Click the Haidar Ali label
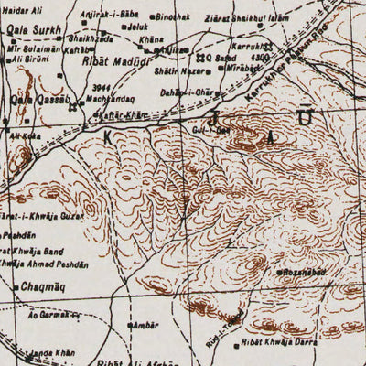click(23, 9)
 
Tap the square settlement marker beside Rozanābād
click(279, 273)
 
